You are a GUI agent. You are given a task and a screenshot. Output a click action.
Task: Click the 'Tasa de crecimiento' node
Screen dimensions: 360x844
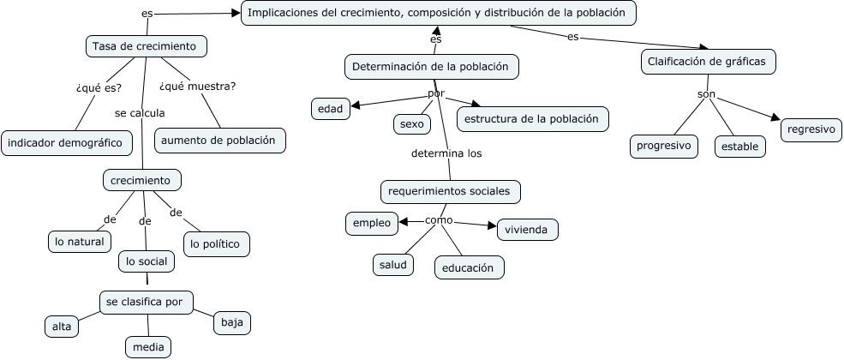pos(146,45)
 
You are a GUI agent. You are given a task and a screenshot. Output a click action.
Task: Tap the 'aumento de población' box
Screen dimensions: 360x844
pos(220,140)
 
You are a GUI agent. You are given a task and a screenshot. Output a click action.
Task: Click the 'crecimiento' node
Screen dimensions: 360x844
pos(141,180)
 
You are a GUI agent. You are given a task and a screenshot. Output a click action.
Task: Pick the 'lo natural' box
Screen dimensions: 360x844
pos(79,242)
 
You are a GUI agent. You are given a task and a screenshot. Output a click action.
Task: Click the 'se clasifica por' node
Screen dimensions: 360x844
pos(146,302)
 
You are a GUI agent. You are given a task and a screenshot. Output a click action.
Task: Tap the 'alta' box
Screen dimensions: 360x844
pos(62,326)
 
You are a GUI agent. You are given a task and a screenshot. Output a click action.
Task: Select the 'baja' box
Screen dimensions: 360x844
pos(232,322)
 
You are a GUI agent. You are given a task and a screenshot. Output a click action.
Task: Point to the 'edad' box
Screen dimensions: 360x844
pos(330,108)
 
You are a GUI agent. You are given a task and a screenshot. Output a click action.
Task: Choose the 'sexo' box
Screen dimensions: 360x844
pos(411,123)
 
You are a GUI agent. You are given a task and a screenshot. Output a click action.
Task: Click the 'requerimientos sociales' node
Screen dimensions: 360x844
pos(449,190)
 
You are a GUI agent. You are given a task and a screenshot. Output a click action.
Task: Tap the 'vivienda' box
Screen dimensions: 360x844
pos(527,230)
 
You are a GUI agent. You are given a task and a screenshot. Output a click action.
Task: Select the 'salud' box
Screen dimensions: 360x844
pos(393,265)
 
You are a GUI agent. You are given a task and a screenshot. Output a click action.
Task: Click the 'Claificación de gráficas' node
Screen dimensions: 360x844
pos(709,61)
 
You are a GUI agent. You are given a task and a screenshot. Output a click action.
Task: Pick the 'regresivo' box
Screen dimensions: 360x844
pos(811,129)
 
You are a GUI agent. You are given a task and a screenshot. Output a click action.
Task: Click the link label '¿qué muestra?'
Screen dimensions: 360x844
pos(197,86)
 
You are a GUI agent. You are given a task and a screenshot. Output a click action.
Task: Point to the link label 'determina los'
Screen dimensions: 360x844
pos(447,154)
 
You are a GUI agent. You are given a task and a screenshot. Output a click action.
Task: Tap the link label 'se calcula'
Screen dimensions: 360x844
pos(140,112)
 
